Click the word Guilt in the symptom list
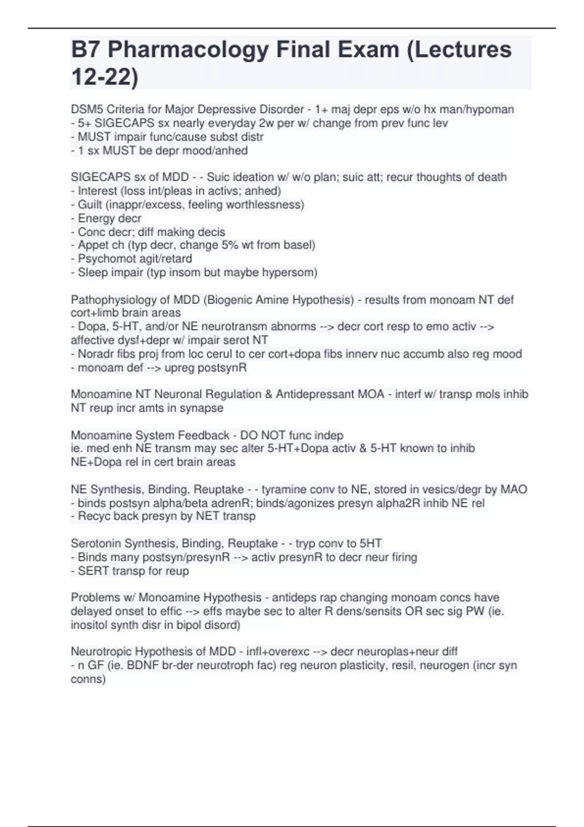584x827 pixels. [90, 205]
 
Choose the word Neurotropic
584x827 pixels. [101, 651]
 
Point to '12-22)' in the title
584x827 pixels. [105, 77]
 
